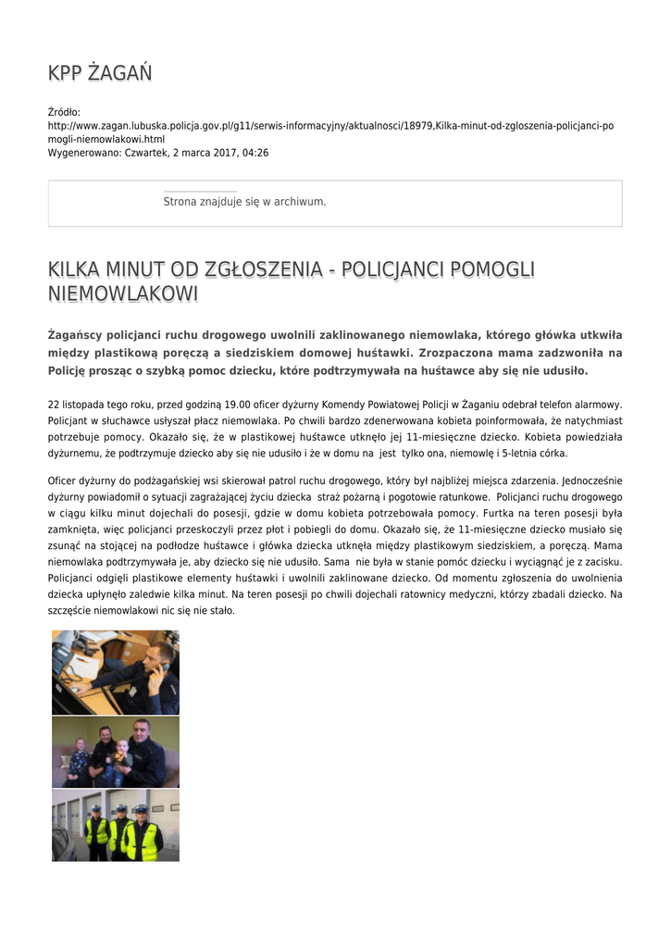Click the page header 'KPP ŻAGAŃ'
click(100, 73)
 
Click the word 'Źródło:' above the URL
click(64, 112)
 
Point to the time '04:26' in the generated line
click(255, 152)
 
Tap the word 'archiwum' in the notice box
click(304, 202)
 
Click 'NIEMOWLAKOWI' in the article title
click(123, 294)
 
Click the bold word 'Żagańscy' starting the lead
click(76, 334)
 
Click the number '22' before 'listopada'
click(54, 405)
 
